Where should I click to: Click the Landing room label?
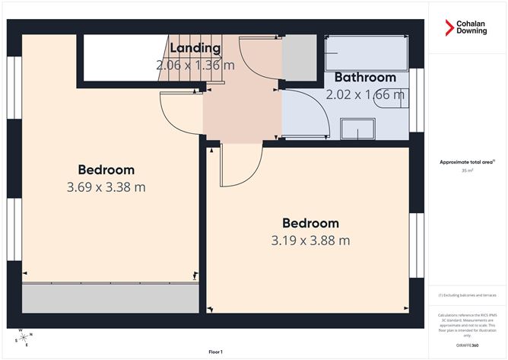tap(195, 49)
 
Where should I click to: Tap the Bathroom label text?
tap(365, 78)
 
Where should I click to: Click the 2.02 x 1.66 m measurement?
tap(365, 95)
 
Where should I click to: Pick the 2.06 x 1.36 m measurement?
tap(195, 66)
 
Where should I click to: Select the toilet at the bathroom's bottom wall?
tap(357, 129)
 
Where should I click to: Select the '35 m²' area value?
tap(467, 171)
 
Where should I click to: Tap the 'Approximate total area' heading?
tap(467, 161)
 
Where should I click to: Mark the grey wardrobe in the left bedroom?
tap(106, 296)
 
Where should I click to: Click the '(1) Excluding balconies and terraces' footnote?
tap(467, 295)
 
